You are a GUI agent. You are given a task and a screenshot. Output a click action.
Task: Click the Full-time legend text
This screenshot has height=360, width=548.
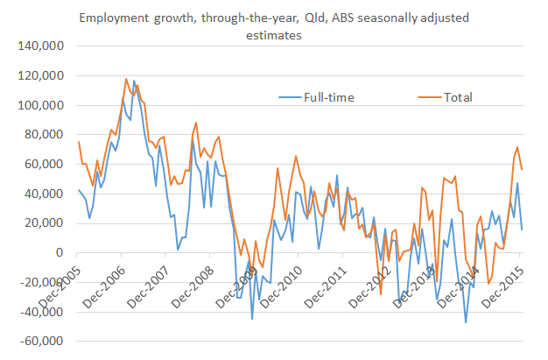[x=328, y=96]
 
